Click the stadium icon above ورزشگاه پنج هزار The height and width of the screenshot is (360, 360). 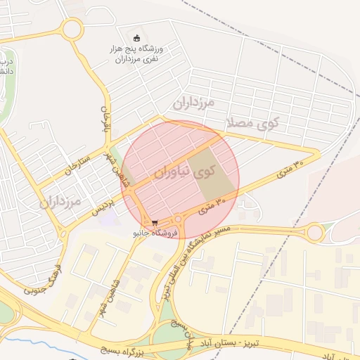coord(137,37)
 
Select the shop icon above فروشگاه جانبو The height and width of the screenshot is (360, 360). coord(155,223)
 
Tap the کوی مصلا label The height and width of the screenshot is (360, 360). coord(253,124)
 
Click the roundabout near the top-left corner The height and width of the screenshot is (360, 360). coord(71,30)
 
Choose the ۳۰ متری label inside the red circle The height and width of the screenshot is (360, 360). coord(213,205)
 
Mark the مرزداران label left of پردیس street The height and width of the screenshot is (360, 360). coord(60,202)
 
